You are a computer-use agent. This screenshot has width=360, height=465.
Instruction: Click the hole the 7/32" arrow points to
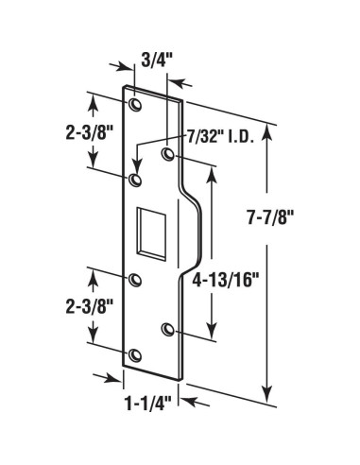pyautogui.click(x=135, y=178)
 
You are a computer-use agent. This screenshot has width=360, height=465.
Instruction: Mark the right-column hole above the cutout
pyautogui.click(x=168, y=154)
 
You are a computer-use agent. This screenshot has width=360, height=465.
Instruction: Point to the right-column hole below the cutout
pyautogui.click(x=168, y=328)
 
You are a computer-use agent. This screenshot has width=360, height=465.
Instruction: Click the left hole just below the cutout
pyautogui.click(x=134, y=280)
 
